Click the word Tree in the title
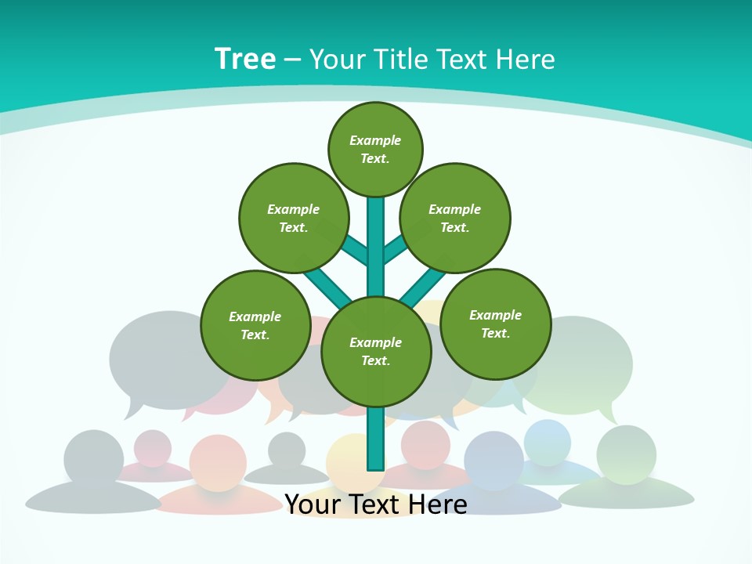click(x=245, y=59)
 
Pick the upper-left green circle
click(x=293, y=218)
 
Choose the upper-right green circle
click(x=455, y=218)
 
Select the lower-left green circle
click(x=255, y=325)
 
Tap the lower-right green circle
click(x=495, y=324)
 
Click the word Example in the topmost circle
click(x=375, y=140)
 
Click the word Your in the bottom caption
click(x=312, y=504)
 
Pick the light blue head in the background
click(x=548, y=441)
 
